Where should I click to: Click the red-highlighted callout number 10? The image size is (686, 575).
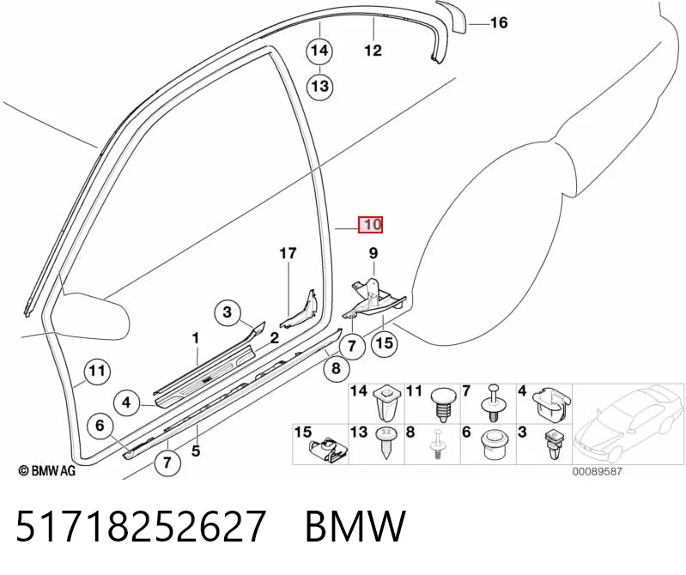[371, 225]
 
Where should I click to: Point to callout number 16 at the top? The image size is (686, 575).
[499, 22]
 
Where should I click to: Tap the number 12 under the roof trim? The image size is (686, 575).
[373, 51]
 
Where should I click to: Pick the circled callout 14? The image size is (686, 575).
[319, 51]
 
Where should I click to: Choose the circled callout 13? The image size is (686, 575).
[319, 86]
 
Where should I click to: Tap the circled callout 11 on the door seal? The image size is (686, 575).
[97, 372]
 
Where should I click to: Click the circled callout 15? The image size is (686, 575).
[385, 342]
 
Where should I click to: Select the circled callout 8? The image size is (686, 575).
[336, 368]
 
